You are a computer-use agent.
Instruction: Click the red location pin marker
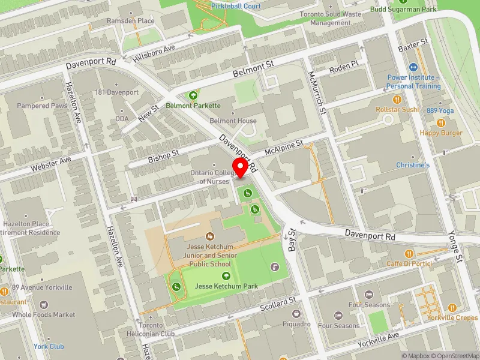click(241, 167)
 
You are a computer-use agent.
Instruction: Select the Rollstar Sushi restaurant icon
click(397, 100)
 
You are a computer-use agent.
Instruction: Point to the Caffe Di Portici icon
click(409, 254)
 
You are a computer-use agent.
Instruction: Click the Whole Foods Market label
click(44, 314)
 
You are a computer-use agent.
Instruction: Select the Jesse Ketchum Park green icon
click(226, 276)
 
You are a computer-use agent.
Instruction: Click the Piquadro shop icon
click(296, 313)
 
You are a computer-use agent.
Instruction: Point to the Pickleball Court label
click(236, 6)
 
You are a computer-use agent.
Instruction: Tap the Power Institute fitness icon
click(413, 68)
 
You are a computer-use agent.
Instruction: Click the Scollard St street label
click(279, 304)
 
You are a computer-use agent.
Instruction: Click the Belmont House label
click(233, 121)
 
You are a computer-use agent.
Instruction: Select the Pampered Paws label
click(42, 106)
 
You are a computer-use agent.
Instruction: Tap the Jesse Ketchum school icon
click(209, 236)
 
